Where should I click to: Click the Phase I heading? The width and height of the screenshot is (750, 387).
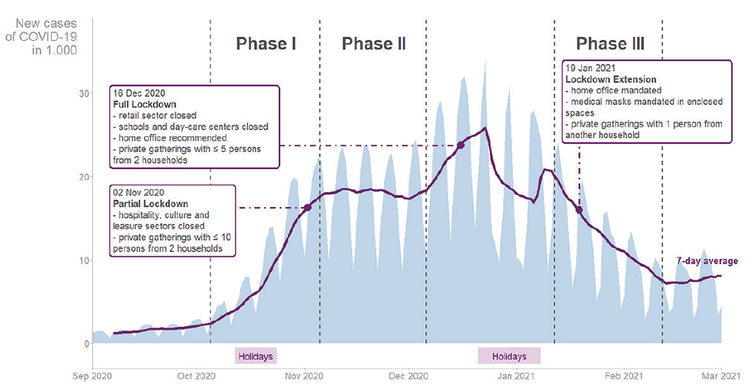pyautogui.click(x=266, y=44)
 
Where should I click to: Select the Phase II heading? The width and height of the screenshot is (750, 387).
pyautogui.click(x=373, y=44)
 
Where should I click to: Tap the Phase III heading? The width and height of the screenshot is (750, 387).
pyautogui.click(x=610, y=44)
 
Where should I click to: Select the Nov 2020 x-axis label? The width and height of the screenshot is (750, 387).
pyautogui.click(x=304, y=377)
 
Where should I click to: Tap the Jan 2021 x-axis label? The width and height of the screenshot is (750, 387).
pyautogui.click(x=515, y=377)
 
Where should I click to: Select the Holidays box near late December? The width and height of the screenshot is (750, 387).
pyautogui.click(x=509, y=356)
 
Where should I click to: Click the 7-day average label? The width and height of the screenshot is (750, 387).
pyautogui.click(x=707, y=261)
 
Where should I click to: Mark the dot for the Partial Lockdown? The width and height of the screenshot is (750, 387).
pyautogui.click(x=308, y=207)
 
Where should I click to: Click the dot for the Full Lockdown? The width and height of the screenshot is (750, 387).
pyautogui.click(x=461, y=145)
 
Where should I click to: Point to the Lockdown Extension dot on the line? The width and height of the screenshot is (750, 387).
pyautogui.click(x=579, y=209)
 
